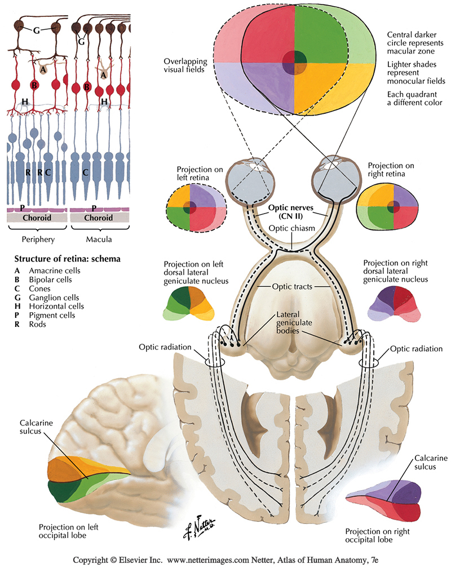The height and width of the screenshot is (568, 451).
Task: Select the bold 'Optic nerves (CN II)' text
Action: click(x=290, y=211)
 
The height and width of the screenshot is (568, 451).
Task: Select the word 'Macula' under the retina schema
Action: click(x=98, y=239)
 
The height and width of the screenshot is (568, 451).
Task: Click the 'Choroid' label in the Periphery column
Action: click(x=37, y=218)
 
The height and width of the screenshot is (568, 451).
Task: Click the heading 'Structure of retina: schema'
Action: click(x=67, y=259)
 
